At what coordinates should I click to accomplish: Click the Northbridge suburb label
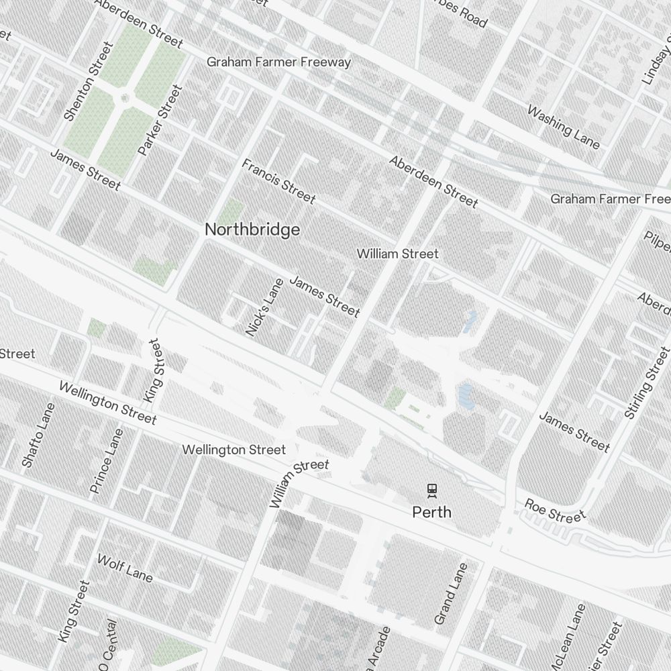[252, 229]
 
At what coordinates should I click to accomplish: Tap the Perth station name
[431, 513]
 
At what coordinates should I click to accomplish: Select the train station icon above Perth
[431, 491]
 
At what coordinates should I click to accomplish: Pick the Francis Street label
[278, 180]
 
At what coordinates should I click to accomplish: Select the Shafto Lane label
[37, 435]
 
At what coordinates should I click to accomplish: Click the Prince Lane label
[107, 461]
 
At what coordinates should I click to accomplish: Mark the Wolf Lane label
[125, 568]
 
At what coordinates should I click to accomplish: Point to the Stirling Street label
[647, 383]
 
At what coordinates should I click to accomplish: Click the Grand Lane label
[450, 593]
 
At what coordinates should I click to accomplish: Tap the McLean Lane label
[570, 635]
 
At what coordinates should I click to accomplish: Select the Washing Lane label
[563, 126]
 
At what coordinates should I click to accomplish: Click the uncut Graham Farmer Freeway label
[278, 62]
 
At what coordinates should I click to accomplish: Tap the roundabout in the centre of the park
[125, 99]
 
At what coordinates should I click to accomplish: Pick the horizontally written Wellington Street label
[234, 450]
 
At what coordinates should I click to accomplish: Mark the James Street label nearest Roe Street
[574, 431]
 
